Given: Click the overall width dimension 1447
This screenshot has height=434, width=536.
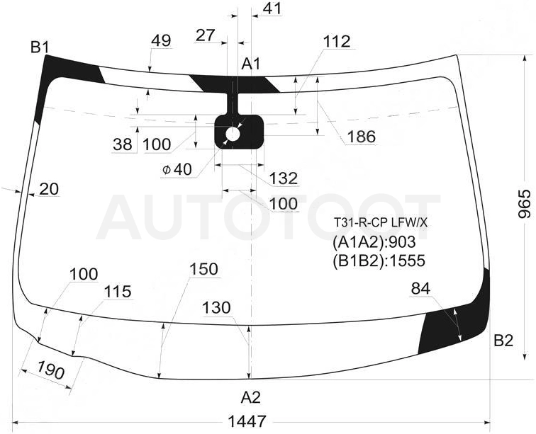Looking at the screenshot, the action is (x=247, y=421).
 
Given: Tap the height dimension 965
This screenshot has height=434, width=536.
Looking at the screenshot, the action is (x=525, y=204).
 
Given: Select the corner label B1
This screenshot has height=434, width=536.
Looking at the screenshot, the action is (x=40, y=47).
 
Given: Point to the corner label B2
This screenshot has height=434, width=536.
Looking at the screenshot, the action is (x=503, y=341).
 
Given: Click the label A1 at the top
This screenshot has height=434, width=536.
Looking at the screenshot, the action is (x=251, y=64).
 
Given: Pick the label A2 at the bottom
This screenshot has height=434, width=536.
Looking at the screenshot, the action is (x=251, y=397).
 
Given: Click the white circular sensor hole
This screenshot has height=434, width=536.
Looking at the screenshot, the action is (x=233, y=135).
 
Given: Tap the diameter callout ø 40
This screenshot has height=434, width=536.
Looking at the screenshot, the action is (x=177, y=169).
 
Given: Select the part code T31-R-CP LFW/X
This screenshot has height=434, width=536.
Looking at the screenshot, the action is (x=381, y=223).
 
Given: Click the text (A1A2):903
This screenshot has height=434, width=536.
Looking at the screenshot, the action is (x=374, y=242).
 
